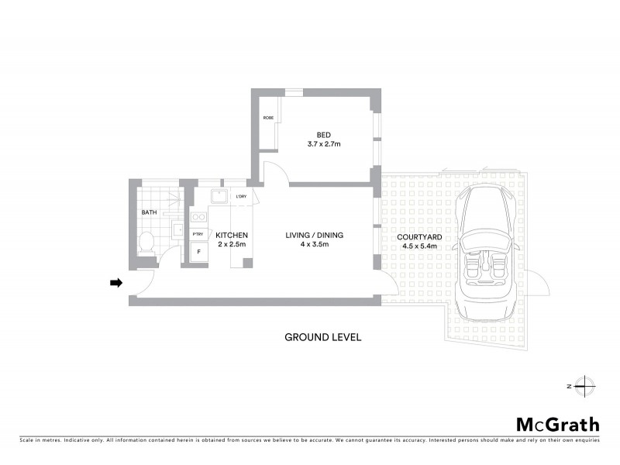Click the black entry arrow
point(116,283)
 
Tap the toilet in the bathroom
point(146,244)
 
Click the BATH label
point(149,212)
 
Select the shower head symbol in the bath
point(175,198)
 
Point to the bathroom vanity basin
point(177,229)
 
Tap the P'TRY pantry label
point(198,234)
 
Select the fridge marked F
point(198,252)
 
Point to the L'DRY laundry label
point(240,197)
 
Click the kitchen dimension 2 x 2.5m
point(231,245)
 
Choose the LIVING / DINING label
point(315,235)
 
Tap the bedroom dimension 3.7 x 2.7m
point(323,144)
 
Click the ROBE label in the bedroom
point(268,118)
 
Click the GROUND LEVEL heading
point(322,337)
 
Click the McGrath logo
point(558,424)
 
